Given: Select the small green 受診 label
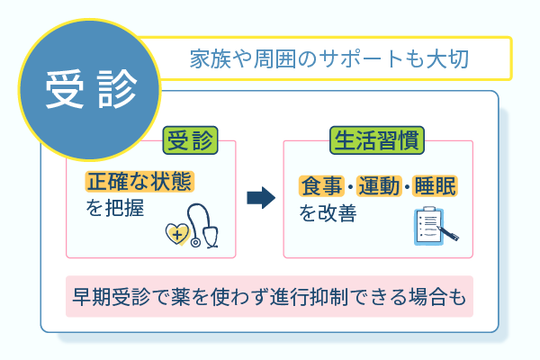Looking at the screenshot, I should pyautogui.click(x=190, y=140).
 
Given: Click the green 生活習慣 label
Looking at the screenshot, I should pyautogui.click(x=377, y=140).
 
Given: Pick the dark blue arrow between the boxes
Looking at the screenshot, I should pyautogui.click(x=260, y=197).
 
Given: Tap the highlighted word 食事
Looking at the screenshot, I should pyautogui.click(x=320, y=186).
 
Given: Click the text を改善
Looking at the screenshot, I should pyautogui.click(x=325, y=213).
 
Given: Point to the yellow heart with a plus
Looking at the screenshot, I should pyautogui.click(x=178, y=234).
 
